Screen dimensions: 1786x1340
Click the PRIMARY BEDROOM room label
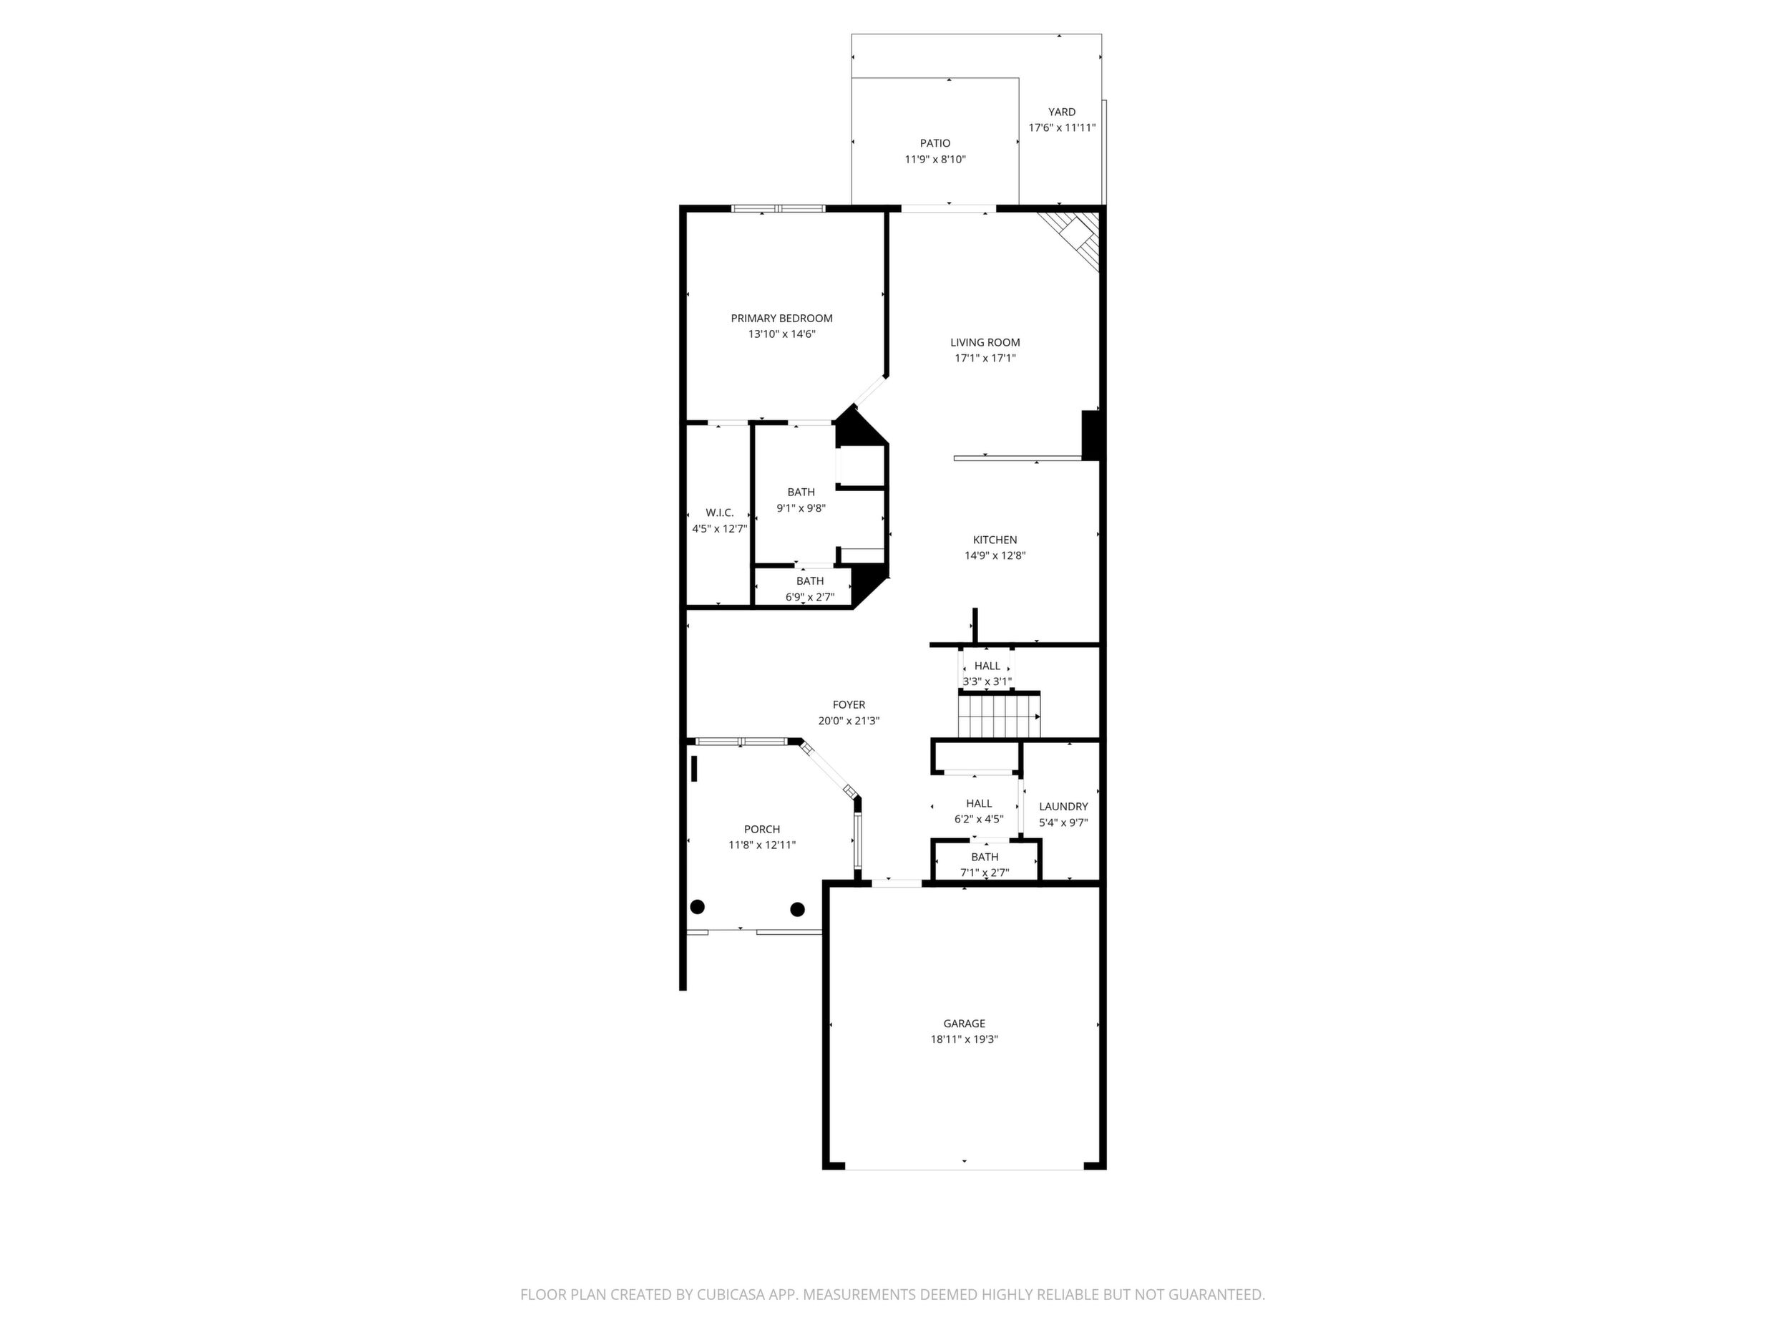(781, 319)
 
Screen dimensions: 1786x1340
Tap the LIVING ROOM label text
(985, 342)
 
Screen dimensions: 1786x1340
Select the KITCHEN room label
(995, 540)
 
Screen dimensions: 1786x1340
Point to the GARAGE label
(964, 1024)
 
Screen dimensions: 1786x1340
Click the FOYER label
(849, 705)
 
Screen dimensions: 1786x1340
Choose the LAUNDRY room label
(1063, 806)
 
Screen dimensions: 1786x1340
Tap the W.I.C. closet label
(719, 513)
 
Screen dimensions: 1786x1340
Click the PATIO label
(935, 144)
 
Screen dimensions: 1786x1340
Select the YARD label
(1062, 112)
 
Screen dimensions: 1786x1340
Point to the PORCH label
(762, 830)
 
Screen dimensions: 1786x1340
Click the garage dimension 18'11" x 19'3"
(964, 1039)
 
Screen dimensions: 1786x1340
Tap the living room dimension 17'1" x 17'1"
(985, 358)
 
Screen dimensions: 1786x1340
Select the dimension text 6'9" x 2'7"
(810, 598)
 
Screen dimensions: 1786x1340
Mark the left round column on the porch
(698, 907)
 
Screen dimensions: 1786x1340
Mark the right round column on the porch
(798, 910)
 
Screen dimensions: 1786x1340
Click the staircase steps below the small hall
(1000, 716)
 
